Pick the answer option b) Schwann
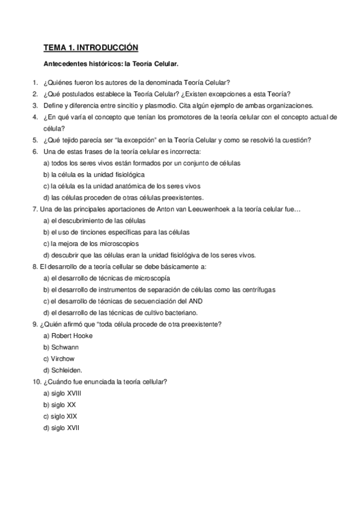[61, 347]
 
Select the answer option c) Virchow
[60, 358]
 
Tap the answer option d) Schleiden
[63, 370]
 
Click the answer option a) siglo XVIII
[64, 393]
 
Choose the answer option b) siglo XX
[59, 404]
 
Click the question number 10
[35, 381]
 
